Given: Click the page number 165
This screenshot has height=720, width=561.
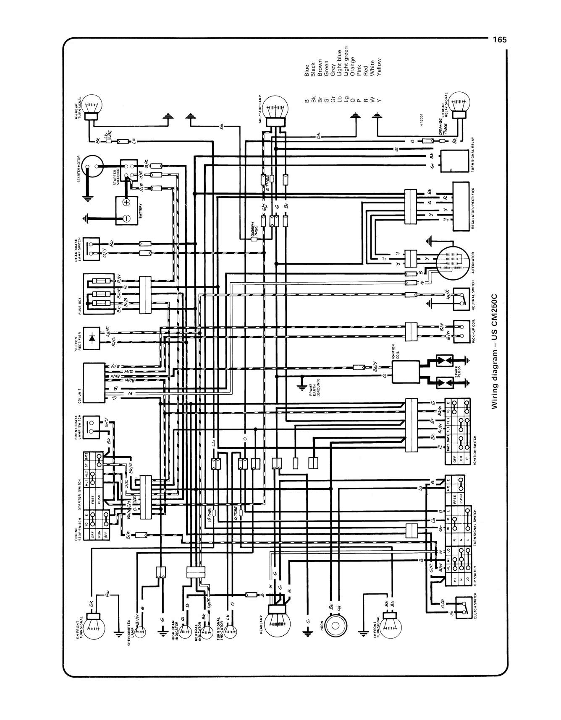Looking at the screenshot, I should click(x=500, y=40).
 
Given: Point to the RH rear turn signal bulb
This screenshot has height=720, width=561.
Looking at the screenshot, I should click(x=92, y=103).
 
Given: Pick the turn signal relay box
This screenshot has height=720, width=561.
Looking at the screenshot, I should click(x=454, y=161).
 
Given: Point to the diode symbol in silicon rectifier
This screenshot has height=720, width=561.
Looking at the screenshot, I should click(x=93, y=338).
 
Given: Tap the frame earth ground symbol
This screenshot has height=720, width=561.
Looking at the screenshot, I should click(x=301, y=386).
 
